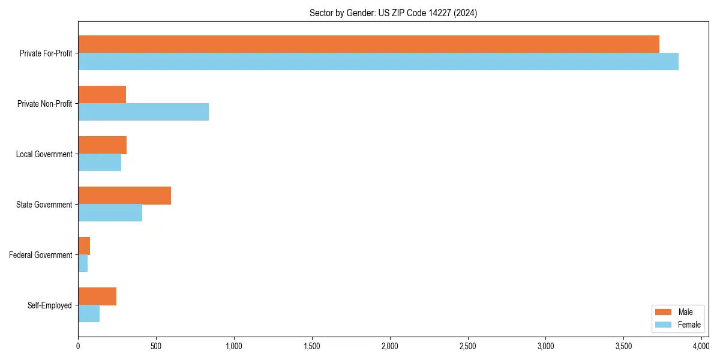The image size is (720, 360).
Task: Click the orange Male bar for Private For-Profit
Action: [368, 44]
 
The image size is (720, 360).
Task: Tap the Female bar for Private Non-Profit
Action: [143, 112]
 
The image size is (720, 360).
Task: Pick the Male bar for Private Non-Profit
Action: [102, 95]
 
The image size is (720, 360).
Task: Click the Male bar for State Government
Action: [124, 196]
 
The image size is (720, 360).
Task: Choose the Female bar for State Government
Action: [110, 213]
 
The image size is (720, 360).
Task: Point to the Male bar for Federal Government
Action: [84, 246]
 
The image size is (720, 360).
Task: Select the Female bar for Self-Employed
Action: [89, 314]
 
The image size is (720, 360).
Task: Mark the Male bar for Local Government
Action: [102, 145]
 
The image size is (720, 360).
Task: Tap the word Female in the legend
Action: [689, 325]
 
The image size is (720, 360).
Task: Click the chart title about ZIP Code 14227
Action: [393, 13]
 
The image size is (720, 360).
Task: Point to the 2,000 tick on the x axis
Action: [390, 346]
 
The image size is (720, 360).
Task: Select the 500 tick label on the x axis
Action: [156, 346]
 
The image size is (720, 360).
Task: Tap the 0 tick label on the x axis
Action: [78, 346]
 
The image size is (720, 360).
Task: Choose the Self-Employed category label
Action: [50, 305]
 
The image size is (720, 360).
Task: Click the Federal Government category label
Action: [41, 255]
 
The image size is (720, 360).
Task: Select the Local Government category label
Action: [44, 154]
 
